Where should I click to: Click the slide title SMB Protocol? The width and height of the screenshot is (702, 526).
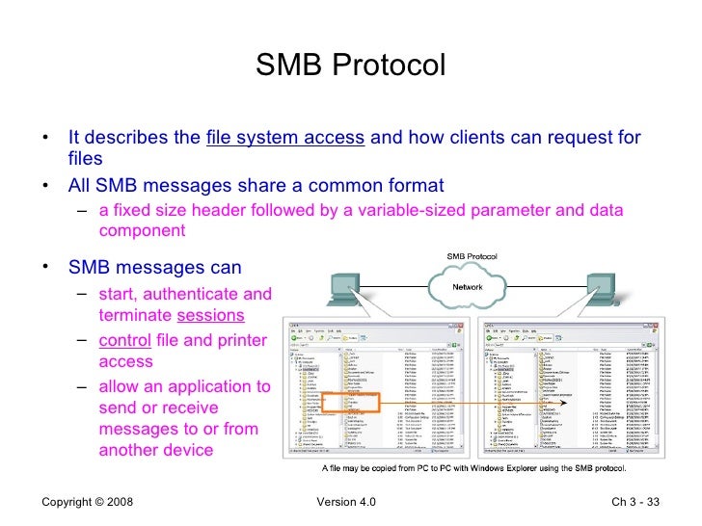[x=351, y=66]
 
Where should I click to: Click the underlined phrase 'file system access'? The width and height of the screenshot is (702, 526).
[x=284, y=138]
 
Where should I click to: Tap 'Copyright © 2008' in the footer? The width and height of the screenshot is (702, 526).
[x=88, y=503]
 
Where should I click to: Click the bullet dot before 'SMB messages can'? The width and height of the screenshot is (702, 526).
[x=45, y=267]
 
